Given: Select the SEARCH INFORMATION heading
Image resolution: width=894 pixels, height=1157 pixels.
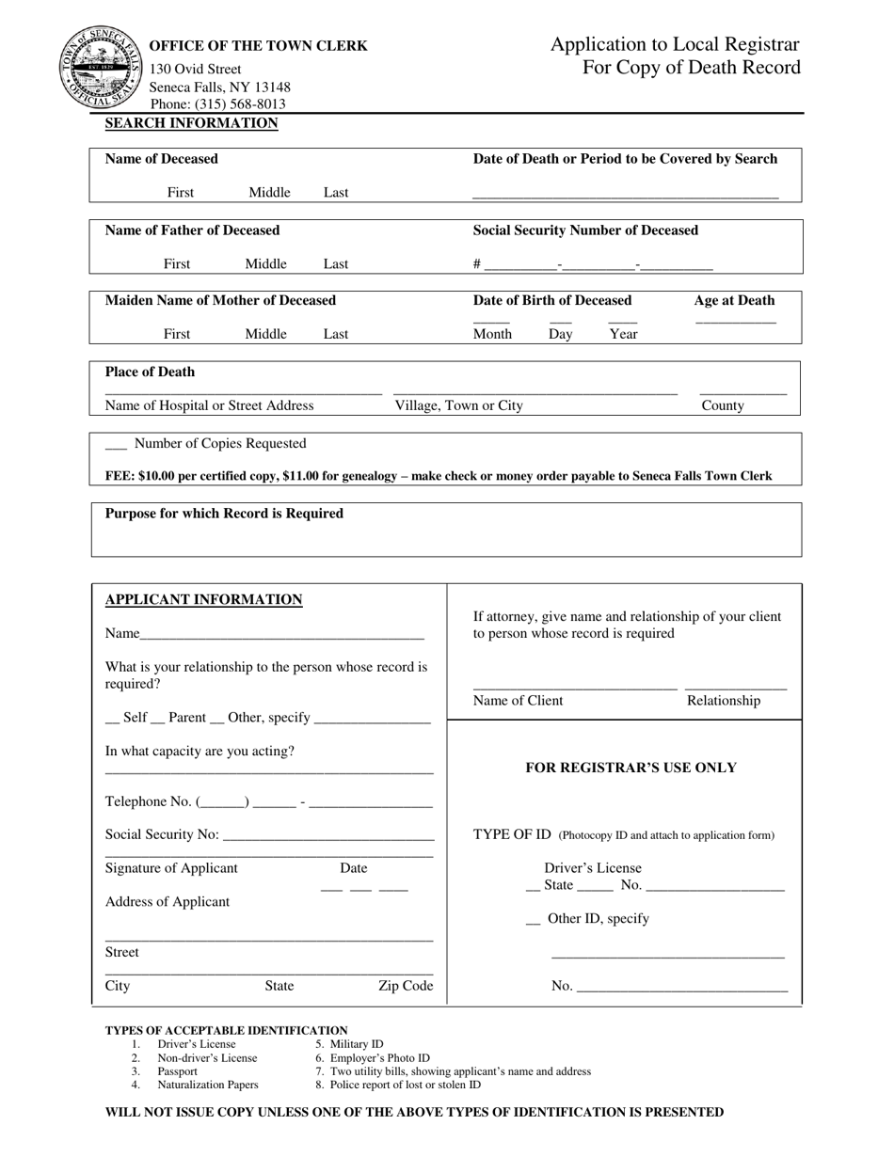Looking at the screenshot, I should [191, 123].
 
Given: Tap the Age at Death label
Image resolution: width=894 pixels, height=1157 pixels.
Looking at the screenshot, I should [734, 301].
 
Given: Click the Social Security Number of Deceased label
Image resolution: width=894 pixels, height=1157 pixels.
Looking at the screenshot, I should [585, 230].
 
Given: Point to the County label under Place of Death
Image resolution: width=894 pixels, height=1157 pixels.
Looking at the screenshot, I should [723, 405].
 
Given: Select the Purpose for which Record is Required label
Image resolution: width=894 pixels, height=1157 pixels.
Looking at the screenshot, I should [224, 514].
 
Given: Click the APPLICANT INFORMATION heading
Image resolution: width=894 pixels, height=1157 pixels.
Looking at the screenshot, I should [203, 600].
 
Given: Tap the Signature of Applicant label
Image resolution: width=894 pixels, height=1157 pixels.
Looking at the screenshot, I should [171, 868].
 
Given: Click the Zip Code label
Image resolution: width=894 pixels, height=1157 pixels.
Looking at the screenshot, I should [406, 986].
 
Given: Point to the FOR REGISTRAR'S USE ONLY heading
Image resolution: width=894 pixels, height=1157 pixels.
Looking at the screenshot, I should [631, 768].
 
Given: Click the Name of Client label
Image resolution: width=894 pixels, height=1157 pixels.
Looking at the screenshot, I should [518, 701].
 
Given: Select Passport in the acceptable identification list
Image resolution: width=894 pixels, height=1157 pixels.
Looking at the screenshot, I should [177, 1071].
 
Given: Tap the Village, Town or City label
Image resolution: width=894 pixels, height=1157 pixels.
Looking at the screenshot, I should [458, 405].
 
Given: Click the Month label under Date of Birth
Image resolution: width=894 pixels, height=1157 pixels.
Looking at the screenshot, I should [492, 334].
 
